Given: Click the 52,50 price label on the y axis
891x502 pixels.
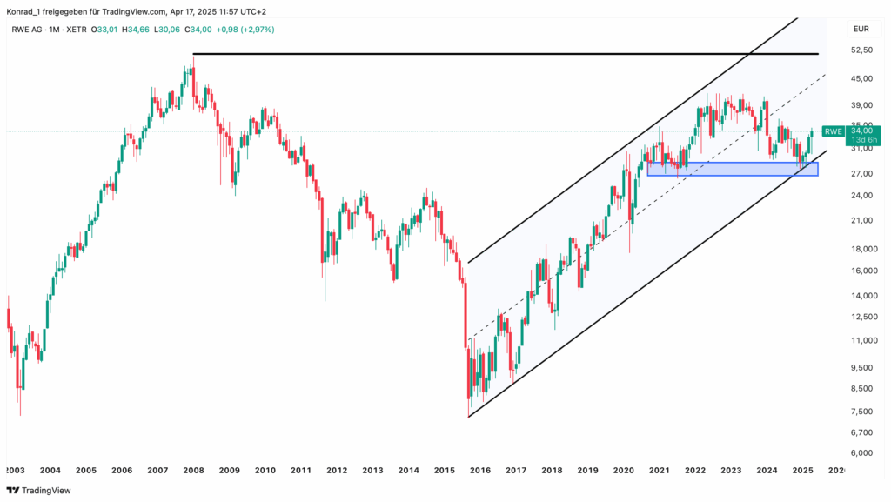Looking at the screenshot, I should tap(861, 50).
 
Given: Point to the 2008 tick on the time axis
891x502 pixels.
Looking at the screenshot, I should tap(193, 470).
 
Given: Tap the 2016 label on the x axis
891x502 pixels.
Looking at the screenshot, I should tap(479, 470).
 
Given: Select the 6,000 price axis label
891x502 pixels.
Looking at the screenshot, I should tap(861, 453).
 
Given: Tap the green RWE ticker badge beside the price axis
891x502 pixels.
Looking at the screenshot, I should tap(834, 131).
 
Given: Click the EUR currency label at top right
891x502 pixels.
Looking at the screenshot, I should tap(861, 29).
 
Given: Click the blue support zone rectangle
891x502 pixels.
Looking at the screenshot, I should tap(731, 169).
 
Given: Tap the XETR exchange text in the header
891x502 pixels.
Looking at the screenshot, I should tap(79, 29).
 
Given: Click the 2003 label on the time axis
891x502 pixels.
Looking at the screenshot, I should tap(15, 470).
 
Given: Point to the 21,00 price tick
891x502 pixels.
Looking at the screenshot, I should tap(861, 220).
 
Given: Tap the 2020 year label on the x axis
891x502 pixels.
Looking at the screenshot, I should tap(623, 470).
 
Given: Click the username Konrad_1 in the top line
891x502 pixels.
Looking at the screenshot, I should tap(26, 10).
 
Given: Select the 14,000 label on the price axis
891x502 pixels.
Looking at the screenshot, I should tap(861, 296).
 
